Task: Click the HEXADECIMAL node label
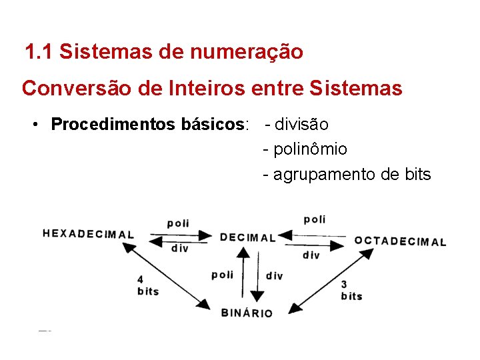click(x=88, y=234)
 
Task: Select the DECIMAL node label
click(x=247, y=237)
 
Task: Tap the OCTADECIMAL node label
click(x=400, y=241)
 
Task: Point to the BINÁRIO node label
click(x=247, y=313)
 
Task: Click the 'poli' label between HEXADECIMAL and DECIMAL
click(x=178, y=223)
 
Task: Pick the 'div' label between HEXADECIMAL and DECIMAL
click(x=179, y=248)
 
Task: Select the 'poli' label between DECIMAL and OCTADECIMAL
click(x=315, y=219)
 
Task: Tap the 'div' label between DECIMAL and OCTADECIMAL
click(x=311, y=255)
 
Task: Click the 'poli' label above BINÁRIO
click(x=222, y=275)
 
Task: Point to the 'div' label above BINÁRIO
click(x=274, y=276)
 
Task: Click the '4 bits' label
click(x=147, y=285)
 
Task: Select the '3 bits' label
click(x=351, y=290)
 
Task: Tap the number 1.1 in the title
click(x=39, y=51)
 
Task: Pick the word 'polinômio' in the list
click(x=310, y=149)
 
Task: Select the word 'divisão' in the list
click(x=301, y=124)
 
